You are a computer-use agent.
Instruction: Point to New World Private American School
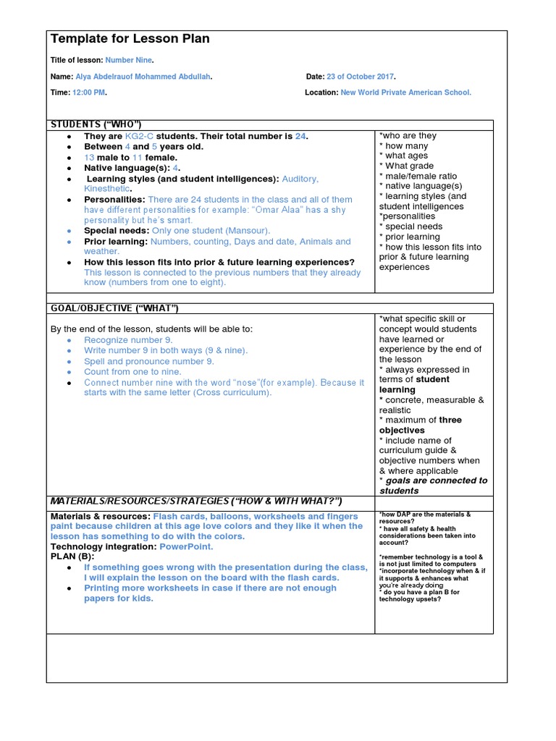click(405, 93)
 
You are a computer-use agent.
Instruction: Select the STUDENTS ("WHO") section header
click(96, 124)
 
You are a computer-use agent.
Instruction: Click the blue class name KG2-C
click(140, 136)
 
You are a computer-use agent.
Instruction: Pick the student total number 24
click(301, 136)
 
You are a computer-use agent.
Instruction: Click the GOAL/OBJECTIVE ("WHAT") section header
click(114, 308)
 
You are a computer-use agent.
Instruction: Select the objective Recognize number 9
click(128, 340)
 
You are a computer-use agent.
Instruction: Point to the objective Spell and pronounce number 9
click(148, 361)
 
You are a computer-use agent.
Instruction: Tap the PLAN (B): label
click(72, 557)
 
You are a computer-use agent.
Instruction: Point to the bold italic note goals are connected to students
click(433, 486)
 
